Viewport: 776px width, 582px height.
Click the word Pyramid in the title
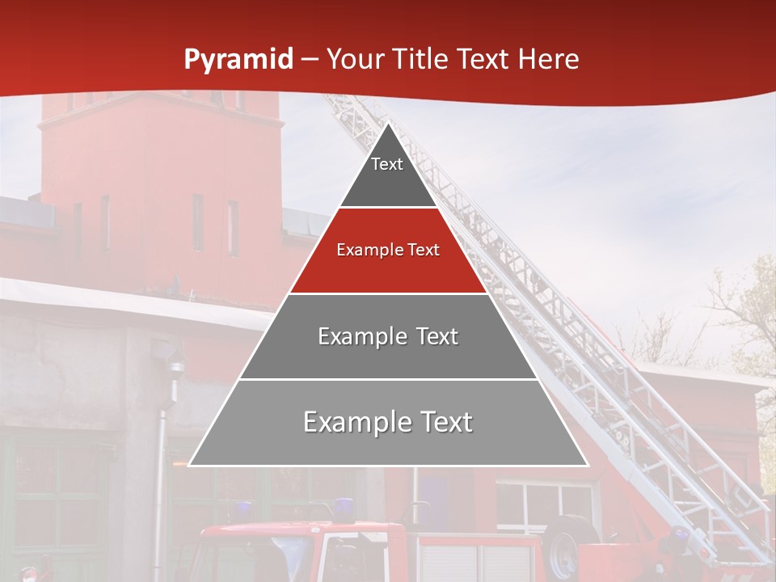(238, 60)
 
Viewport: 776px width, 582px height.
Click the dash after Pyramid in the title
(309, 60)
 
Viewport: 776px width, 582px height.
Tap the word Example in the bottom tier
(355, 422)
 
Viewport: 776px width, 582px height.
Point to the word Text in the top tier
(387, 164)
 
